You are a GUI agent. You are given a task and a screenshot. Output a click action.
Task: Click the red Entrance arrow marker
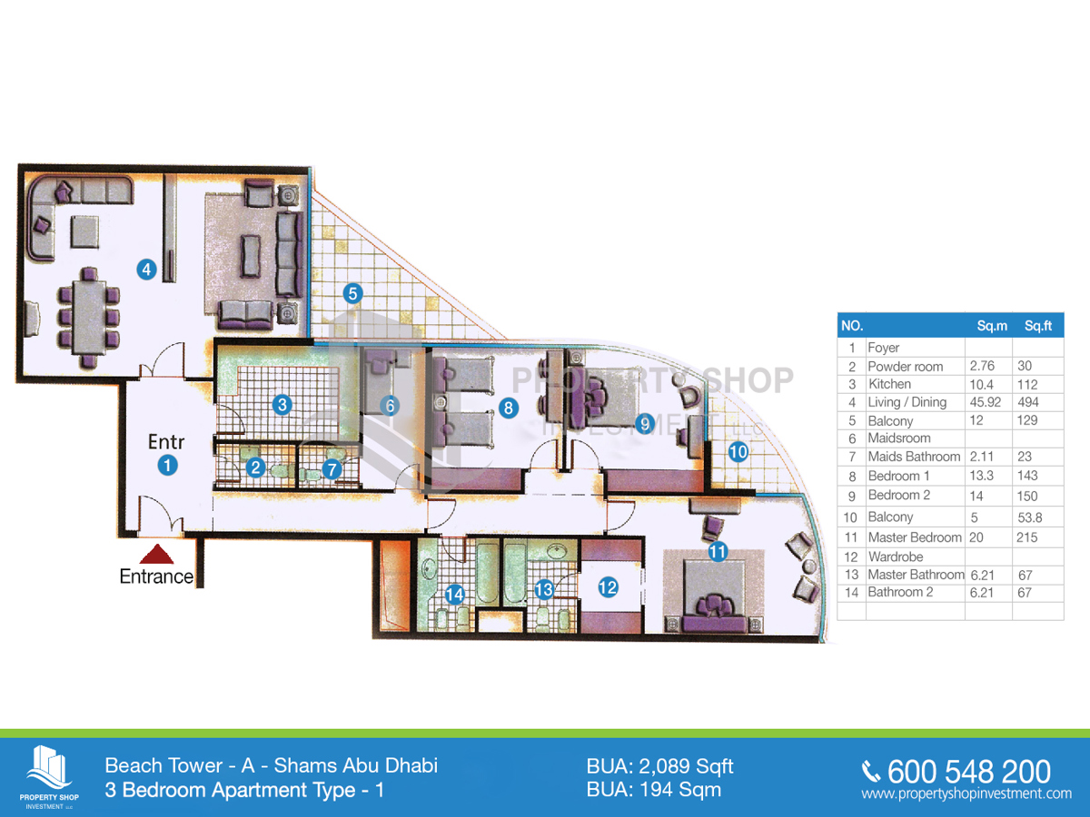(157, 554)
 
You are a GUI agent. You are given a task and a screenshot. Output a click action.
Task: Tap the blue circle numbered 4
(146, 268)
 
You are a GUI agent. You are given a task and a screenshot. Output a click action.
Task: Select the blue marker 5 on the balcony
(353, 293)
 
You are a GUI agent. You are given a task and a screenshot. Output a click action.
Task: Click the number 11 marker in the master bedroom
(718, 550)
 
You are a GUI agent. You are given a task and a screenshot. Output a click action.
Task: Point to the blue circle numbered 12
(608, 587)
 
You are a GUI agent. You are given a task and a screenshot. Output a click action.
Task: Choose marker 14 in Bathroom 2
(455, 595)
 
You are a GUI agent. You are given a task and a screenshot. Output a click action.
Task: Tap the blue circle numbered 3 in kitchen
(282, 404)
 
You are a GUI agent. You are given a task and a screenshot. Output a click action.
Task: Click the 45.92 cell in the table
(987, 402)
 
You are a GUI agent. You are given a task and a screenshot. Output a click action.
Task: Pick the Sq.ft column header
(1037, 326)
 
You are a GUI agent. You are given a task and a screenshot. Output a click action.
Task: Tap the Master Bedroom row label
(914, 537)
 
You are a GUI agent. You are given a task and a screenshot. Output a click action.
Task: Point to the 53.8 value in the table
(1035, 517)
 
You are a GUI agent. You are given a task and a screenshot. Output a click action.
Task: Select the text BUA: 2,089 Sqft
(659, 766)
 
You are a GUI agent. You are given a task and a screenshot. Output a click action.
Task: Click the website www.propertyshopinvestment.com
(966, 793)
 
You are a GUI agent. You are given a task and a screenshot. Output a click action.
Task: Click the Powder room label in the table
(906, 367)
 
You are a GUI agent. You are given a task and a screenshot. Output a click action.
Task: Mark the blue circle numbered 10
(738, 450)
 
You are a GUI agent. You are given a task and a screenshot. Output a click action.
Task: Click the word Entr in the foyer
(166, 442)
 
